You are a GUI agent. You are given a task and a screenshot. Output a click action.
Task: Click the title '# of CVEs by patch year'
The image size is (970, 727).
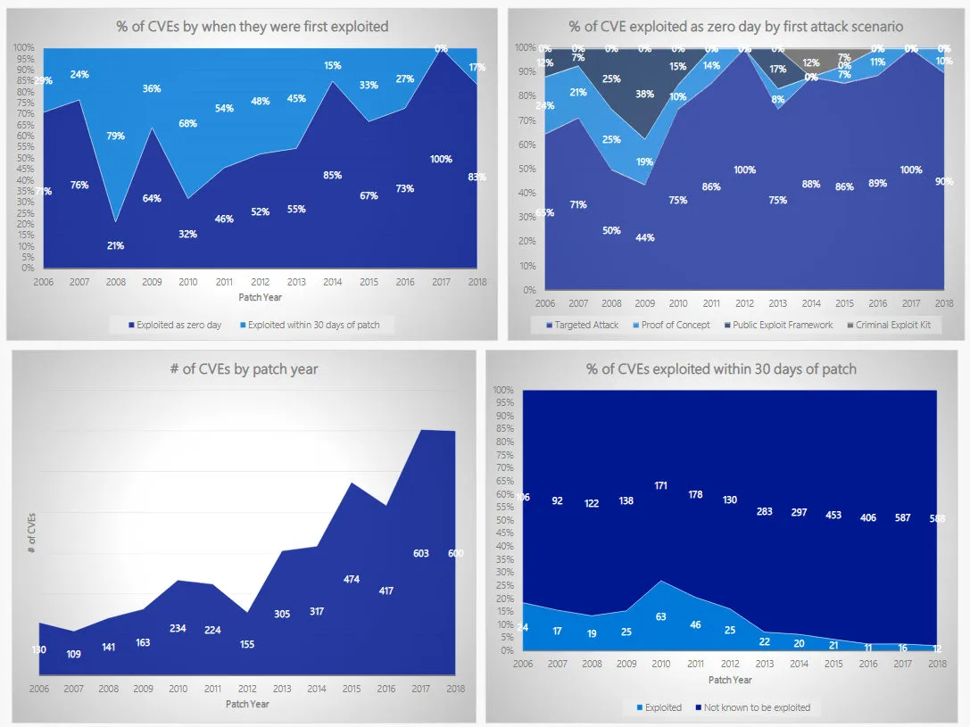coord(244,368)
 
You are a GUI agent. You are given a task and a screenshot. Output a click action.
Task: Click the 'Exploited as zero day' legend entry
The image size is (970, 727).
coord(178,325)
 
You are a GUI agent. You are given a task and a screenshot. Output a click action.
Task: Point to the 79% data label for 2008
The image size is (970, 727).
coord(115,136)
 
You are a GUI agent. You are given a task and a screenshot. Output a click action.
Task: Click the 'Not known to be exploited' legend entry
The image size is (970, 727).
coord(757,707)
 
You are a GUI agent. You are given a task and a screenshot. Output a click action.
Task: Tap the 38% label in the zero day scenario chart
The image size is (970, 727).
coord(645,93)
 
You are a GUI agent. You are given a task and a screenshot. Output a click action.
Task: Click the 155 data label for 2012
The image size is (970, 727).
coord(246,644)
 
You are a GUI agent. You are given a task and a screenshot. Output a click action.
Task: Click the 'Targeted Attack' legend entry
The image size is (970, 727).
coord(585,325)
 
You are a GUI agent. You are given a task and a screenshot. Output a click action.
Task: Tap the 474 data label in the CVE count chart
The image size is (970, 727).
coord(352,579)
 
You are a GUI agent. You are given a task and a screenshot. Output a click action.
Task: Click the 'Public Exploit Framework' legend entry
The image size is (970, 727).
coord(782,325)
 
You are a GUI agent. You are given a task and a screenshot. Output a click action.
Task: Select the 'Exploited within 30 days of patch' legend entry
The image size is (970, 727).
coord(313,325)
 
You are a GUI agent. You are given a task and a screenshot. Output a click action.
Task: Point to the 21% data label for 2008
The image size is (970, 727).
coord(115,245)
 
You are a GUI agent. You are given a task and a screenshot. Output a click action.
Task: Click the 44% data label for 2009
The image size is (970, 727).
coord(645,237)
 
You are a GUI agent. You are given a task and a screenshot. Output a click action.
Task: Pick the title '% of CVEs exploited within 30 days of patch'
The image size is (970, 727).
coord(721,368)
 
